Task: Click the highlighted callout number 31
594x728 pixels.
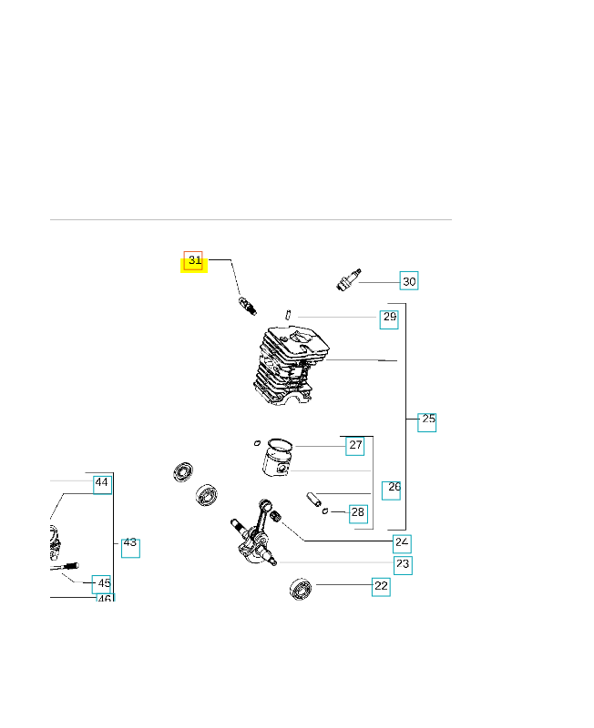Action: coord(193,260)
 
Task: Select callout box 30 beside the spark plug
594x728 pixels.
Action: coord(409,281)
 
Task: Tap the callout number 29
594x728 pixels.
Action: coord(389,319)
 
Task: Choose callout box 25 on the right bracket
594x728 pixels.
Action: coord(426,422)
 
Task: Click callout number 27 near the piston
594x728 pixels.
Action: coord(355,446)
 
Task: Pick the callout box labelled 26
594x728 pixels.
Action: coord(392,490)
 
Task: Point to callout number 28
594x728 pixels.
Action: coord(358,514)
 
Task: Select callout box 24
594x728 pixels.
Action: coord(402,543)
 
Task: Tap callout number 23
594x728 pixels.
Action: coord(403,565)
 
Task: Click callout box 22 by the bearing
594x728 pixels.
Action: coord(381,587)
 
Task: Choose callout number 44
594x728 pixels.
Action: coord(102,485)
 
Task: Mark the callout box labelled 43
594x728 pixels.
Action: coord(130,549)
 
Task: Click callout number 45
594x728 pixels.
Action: coord(101,584)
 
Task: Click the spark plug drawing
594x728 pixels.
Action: coord(349,279)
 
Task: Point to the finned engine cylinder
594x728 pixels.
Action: coord(291,366)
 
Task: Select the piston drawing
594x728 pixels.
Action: coord(278,458)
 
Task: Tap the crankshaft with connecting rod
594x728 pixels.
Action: coord(254,532)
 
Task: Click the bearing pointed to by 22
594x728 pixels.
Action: coord(301,589)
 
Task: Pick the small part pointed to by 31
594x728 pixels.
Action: coord(247,306)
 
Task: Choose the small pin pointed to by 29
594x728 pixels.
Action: coord(288,314)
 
